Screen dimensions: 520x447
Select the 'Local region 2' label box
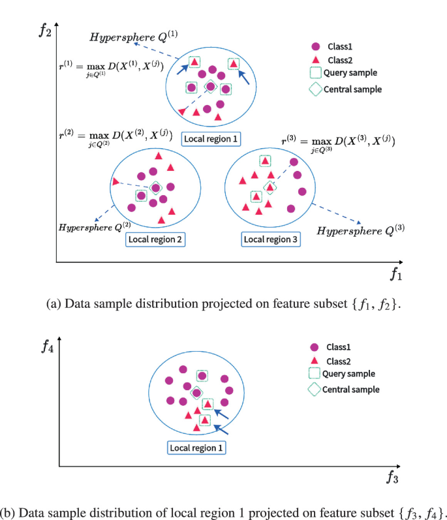tap(155, 239)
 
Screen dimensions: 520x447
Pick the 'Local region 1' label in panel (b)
tap(196, 448)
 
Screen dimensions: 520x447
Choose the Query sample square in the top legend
tap(316, 74)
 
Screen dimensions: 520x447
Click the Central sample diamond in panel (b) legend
tap(315, 390)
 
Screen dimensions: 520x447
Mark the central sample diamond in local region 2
tap(156, 188)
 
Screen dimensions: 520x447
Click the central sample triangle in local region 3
tap(269, 187)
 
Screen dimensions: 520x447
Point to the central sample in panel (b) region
tap(196, 392)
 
